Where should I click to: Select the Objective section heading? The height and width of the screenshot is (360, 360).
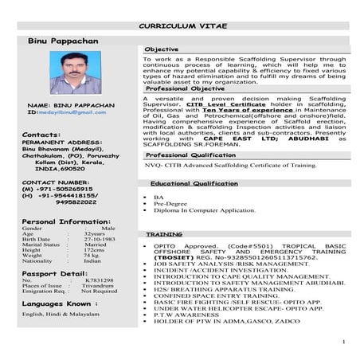162,49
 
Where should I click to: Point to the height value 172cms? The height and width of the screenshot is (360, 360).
95,250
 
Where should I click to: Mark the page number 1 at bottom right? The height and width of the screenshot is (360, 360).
342,342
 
